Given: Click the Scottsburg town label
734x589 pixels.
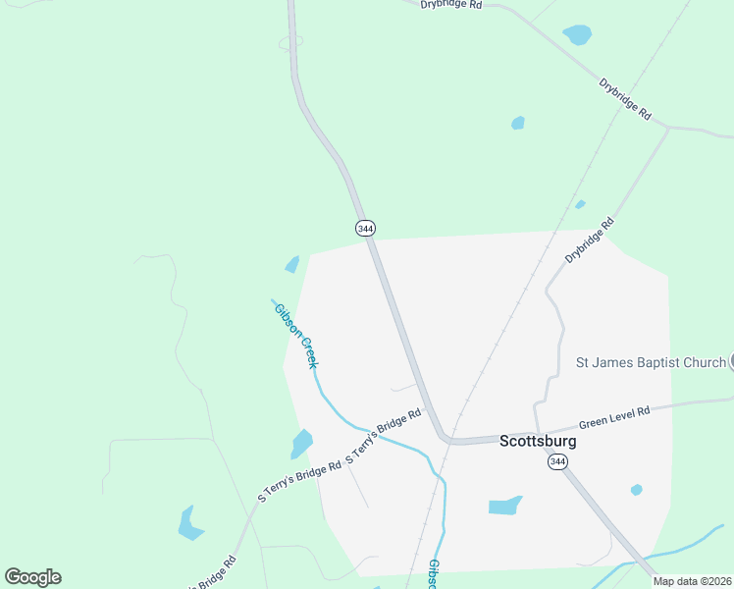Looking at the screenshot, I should tap(538, 441).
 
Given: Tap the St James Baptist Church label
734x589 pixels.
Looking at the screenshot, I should tap(650, 363).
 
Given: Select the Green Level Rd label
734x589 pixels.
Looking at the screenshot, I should tap(615, 417).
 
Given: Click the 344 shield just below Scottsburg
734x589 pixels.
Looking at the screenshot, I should tap(557, 461).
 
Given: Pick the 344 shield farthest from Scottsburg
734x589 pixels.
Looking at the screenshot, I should tap(365, 228).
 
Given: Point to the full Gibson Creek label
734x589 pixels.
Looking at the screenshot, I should tap(295, 335).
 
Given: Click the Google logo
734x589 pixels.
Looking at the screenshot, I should tap(32, 577).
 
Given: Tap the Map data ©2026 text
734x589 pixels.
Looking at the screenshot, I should tap(692, 581).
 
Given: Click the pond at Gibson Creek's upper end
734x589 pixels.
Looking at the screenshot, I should tap(291, 264).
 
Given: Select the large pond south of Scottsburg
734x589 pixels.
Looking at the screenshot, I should tap(504, 506).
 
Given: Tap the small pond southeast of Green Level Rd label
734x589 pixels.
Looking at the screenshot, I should tap(637, 490).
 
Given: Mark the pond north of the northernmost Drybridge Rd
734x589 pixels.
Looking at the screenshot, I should tap(578, 35).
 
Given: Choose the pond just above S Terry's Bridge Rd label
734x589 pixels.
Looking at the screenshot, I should tap(301, 444).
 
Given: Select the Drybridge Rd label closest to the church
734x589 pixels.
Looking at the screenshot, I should tap(589, 240).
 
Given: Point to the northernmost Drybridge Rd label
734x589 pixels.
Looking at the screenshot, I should tap(451, 5).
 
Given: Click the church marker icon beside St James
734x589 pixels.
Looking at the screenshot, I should tap(731, 361).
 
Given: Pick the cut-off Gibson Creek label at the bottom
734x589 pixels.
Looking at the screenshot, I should tap(433, 575).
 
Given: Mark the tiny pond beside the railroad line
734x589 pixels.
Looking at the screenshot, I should tap(580, 204).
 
